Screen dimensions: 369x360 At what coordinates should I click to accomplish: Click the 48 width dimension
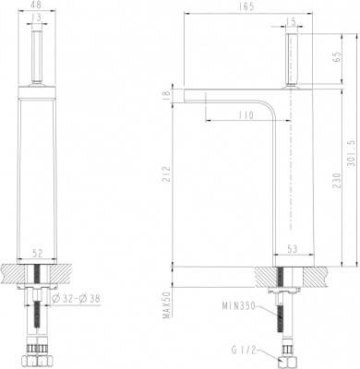pos(36,6)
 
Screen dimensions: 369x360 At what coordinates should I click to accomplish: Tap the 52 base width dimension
pos(36,252)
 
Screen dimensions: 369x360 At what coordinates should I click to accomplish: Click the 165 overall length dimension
pos(244,7)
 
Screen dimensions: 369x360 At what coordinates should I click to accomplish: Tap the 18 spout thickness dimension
pos(167,94)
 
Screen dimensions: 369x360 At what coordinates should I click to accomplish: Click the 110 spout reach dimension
pos(244,116)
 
